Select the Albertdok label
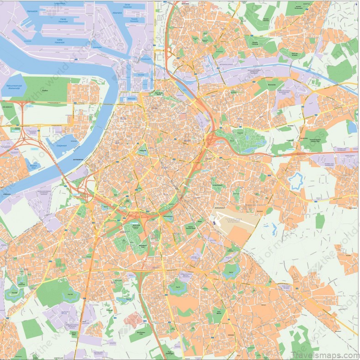point(117,12)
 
